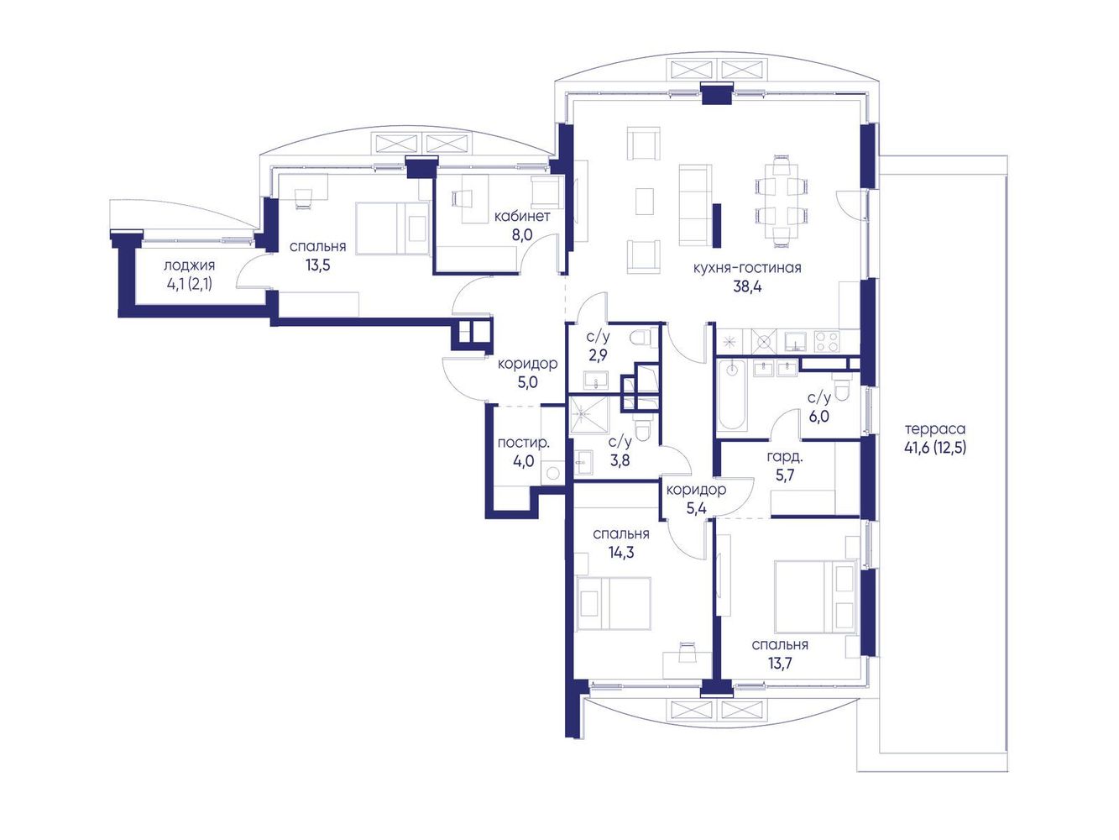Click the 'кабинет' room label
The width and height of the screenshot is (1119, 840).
[x=521, y=216]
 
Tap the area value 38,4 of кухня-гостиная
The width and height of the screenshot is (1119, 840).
[x=747, y=286]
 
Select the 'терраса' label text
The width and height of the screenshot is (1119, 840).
[x=934, y=429]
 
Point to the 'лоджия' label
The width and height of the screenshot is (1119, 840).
[x=189, y=265]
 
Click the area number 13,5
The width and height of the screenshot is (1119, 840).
[x=317, y=265]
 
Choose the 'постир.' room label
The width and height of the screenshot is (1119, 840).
[x=523, y=443]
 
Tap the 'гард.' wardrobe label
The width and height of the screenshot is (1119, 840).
[x=785, y=458]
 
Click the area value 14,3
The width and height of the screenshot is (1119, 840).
[x=620, y=552]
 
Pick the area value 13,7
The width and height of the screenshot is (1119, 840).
[x=780, y=664]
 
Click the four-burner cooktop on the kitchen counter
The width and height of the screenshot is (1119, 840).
[x=826, y=341]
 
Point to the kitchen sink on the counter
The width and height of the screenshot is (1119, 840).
[x=795, y=341]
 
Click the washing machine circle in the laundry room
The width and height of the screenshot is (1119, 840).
[x=552, y=473]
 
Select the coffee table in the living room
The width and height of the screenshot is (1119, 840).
[x=645, y=202]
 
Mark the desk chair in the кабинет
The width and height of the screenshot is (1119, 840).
[x=461, y=198]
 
